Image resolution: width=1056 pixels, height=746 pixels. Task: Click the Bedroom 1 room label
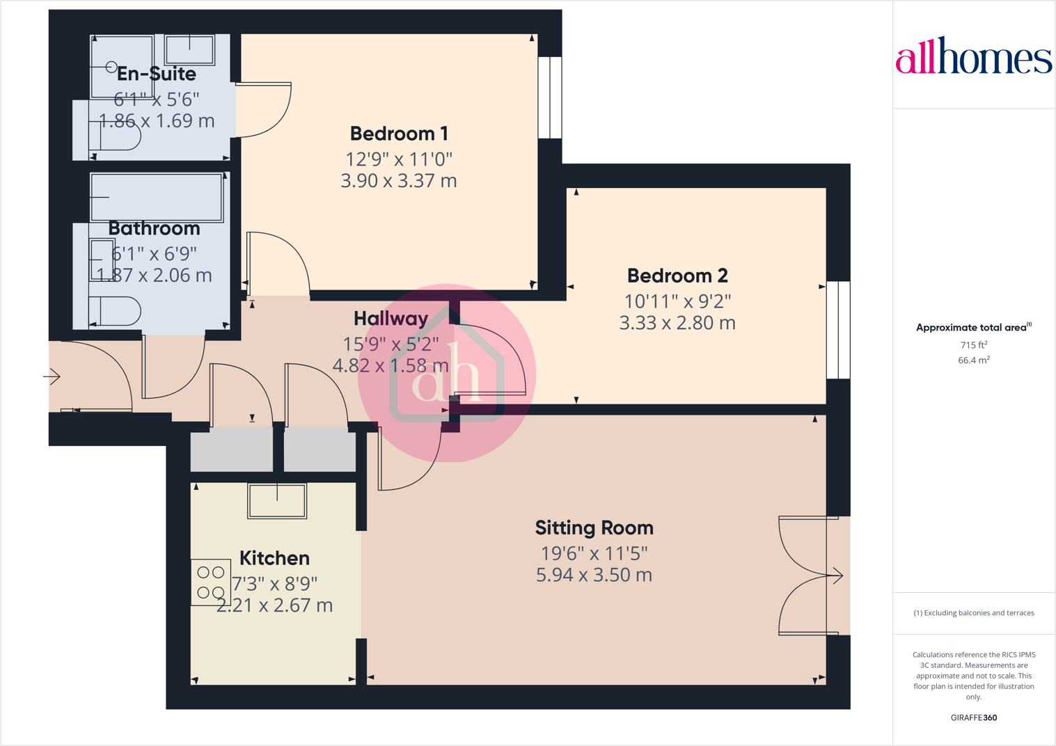point(399,134)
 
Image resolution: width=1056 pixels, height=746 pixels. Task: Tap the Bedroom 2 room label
point(677,276)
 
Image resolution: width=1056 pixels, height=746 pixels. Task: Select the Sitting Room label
point(594,528)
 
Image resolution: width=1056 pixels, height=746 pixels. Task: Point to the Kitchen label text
point(274,558)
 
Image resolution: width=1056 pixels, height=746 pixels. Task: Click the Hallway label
point(391,319)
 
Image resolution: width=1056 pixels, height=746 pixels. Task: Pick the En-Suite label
point(157,74)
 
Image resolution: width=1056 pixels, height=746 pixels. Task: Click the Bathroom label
point(154,228)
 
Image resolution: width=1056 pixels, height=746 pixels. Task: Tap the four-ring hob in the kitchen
point(210,582)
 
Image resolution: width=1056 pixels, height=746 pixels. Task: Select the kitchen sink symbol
point(277,500)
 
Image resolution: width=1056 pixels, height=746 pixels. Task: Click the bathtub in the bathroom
point(157,197)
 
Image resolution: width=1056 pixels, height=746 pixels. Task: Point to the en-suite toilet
point(114,136)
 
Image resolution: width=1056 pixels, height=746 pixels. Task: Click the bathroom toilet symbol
point(114,312)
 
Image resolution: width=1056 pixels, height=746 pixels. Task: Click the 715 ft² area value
point(973,345)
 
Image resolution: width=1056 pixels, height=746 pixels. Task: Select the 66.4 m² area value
point(973,360)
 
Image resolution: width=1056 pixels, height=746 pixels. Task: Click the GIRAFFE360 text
point(973,717)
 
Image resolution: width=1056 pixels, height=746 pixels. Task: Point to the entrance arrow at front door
point(52,377)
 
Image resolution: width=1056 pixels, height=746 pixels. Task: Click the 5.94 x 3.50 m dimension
point(594,576)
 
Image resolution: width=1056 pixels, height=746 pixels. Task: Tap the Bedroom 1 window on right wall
point(550,97)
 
